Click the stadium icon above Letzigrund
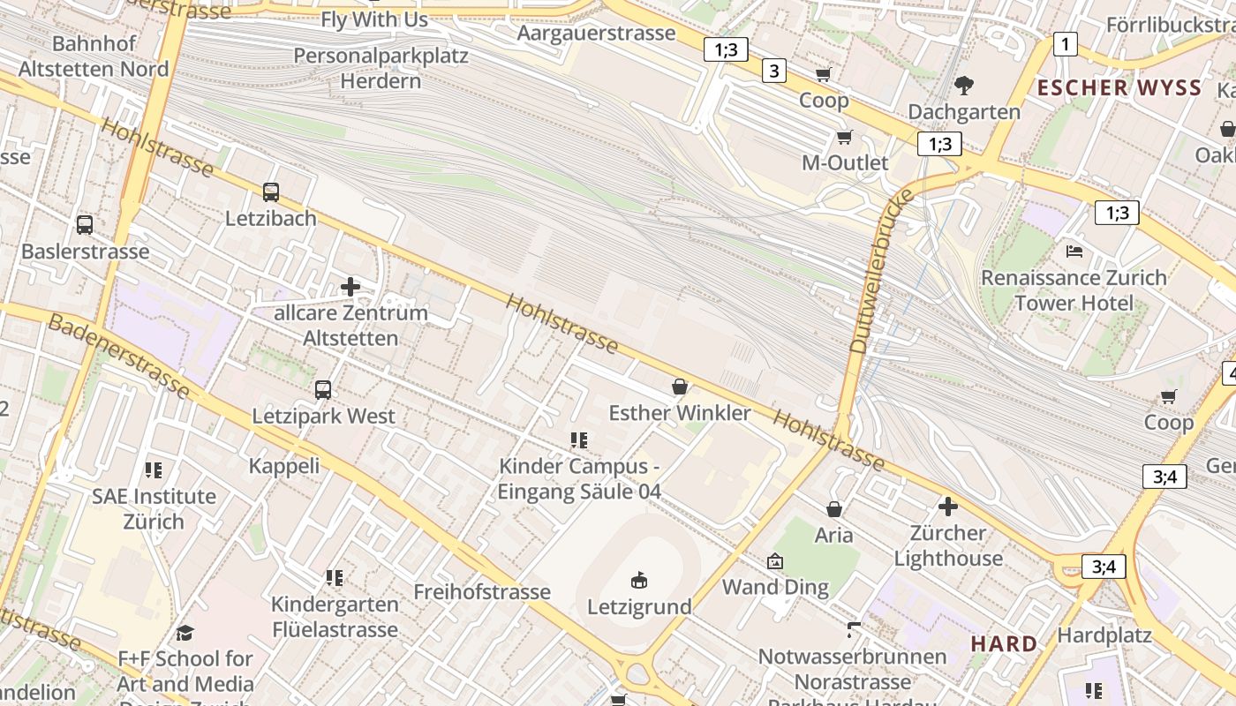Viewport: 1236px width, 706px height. coord(639,580)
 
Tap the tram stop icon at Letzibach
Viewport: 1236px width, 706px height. coord(271,192)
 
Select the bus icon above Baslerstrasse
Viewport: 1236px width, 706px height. coord(85,224)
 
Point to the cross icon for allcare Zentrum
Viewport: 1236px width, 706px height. coord(350,286)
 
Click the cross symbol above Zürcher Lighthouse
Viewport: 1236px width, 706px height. coord(948,507)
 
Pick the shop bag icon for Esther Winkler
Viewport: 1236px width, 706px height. coord(680,387)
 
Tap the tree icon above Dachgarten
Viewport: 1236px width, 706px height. coord(964,86)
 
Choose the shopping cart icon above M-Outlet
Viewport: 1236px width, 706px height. coord(845,137)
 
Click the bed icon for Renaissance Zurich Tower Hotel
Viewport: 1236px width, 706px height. coord(1074,252)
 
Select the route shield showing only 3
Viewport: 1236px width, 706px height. coord(774,71)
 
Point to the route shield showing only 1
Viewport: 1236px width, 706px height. coord(1066,44)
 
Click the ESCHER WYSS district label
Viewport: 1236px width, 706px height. coord(1119,87)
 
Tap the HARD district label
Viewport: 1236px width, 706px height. coord(1005,643)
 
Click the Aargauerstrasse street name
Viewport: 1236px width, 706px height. coord(596,34)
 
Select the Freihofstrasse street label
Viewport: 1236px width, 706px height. coord(482,591)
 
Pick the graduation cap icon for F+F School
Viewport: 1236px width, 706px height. coord(185,633)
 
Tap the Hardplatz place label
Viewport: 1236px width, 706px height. coord(1104,635)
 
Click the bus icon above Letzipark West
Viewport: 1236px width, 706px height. coord(323,389)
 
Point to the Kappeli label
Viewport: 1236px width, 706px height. coord(284,465)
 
